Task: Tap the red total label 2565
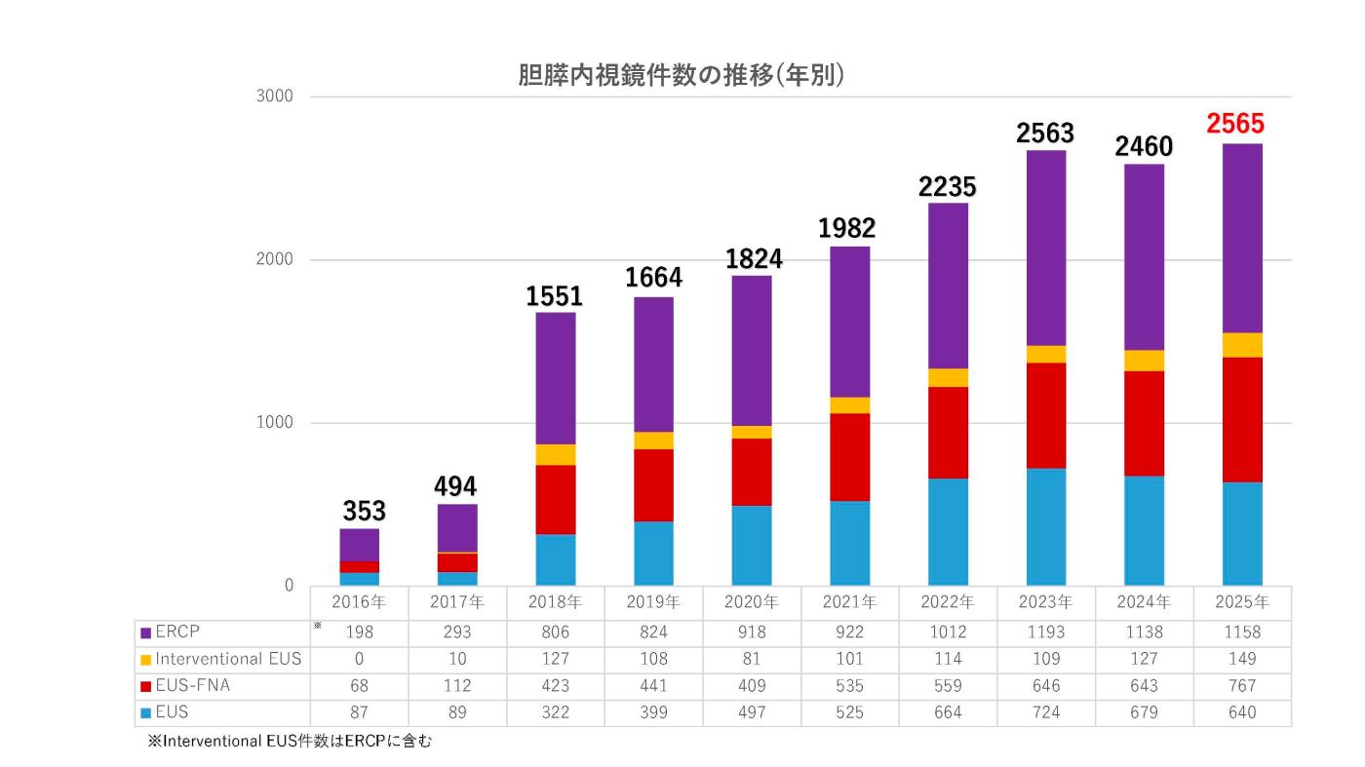pos(1234,125)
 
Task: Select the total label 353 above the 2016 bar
pos(364,511)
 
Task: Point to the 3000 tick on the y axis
pos(275,97)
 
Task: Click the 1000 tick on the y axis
pos(275,423)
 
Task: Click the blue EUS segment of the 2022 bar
pos(948,531)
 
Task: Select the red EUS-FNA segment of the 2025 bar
pos(1242,419)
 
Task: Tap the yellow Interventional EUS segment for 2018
pos(556,454)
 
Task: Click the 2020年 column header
pos(751,601)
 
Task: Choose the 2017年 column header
pos(457,601)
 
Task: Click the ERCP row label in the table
pos(177,632)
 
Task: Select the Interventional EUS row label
pos(228,659)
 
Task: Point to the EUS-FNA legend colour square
pos(145,687)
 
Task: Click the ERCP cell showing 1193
pos(1046,633)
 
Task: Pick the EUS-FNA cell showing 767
pos(1242,686)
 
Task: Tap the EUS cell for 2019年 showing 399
pos(653,712)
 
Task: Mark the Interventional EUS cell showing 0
pos(359,659)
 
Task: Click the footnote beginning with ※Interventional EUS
pos(289,741)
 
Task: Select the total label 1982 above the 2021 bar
pos(847,228)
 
